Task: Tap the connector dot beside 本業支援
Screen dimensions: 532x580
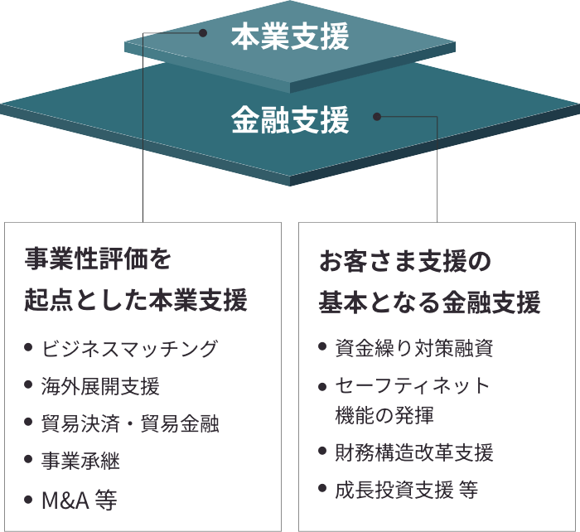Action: [x=203, y=34]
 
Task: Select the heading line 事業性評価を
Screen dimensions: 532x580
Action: [x=98, y=261]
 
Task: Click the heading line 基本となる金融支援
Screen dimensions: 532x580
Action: [x=429, y=301]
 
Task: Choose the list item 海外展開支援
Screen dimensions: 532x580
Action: [x=100, y=386]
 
